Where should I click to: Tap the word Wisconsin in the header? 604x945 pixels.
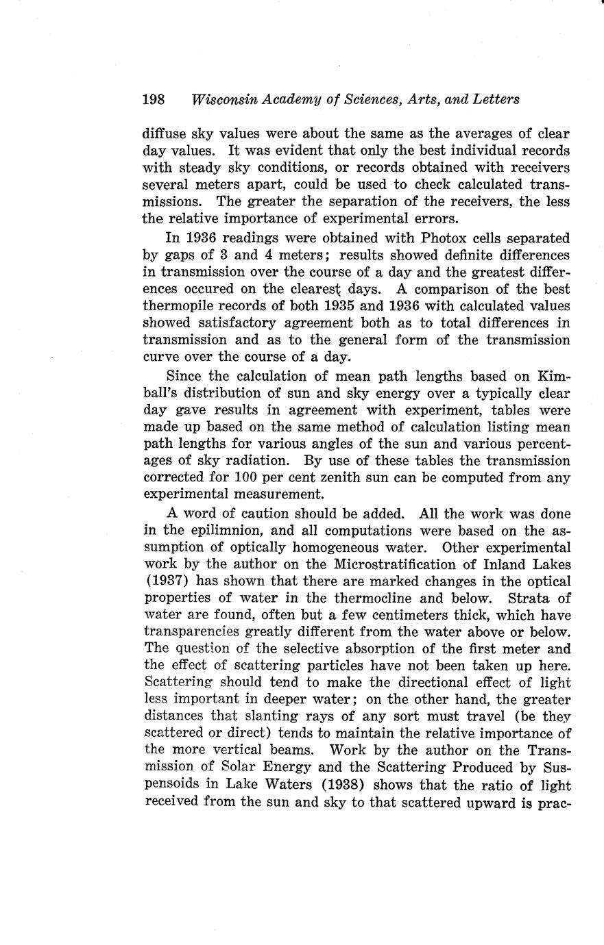[x=221, y=99]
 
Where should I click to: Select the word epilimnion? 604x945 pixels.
[x=229, y=531]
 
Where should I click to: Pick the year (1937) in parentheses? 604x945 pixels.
[x=164, y=582]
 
